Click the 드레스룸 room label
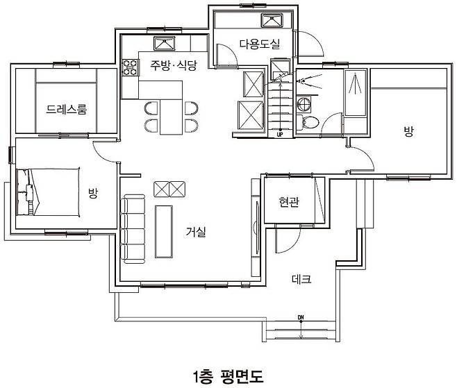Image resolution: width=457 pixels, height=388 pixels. [67, 109]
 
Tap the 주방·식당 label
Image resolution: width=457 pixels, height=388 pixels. [174, 65]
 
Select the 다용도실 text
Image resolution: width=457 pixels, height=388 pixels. [260, 44]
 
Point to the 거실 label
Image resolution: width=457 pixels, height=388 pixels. [196, 232]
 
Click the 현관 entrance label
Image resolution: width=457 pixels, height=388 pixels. [288, 201]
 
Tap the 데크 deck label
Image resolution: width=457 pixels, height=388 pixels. [301, 279]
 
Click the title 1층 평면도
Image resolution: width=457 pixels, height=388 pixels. [228, 377]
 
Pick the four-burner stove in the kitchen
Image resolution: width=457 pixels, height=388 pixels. [130, 67]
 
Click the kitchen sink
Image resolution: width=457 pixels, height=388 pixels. [165, 44]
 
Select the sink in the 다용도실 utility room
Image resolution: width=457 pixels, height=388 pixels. [272, 20]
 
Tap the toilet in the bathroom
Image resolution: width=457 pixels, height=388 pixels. [308, 122]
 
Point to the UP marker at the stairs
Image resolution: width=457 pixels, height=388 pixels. [280, 135]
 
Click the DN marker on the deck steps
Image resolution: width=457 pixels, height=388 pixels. [301, 317]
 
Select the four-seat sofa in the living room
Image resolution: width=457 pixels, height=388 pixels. [133, 229]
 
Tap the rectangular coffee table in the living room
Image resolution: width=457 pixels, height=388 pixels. [163, 232]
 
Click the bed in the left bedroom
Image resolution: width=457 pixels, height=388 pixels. [48, 192]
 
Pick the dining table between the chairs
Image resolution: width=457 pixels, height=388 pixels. [171, 117]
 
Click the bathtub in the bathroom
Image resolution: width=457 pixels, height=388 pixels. [356, 92]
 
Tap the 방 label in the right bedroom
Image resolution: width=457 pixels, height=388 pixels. [408, 131]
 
